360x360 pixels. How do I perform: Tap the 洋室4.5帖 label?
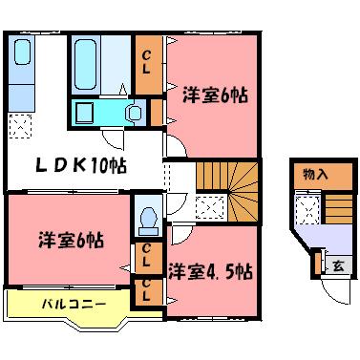pos(210,271)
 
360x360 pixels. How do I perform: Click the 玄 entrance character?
pos(338,265)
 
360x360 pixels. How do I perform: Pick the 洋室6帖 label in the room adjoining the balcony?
pos(72,240)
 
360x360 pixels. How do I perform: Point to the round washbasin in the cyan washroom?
pos(135,113)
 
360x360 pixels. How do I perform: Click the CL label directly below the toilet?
pos(148,255)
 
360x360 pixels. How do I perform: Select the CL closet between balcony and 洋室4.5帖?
pos(148,288)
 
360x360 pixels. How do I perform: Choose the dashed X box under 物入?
pos(307,207)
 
